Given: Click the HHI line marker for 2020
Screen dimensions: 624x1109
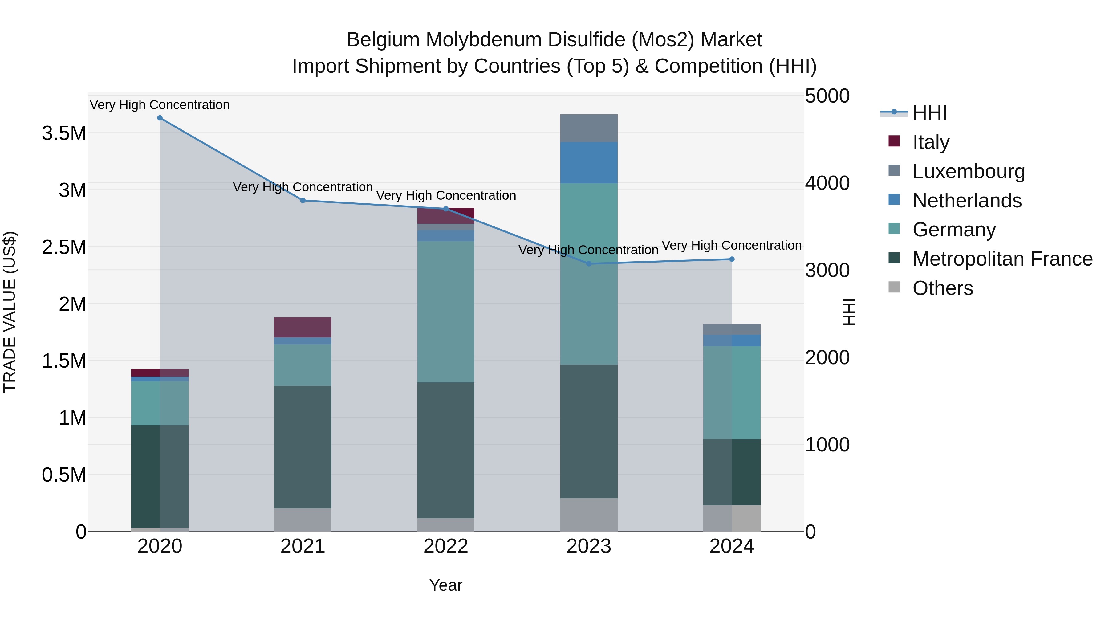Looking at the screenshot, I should [160, 118].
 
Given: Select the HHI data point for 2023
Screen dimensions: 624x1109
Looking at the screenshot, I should [589, 263].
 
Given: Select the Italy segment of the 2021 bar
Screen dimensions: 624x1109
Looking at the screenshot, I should [303, 327].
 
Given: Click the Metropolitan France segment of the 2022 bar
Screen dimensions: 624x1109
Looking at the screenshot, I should [445, 450].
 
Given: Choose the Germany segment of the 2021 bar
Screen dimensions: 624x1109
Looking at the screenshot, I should [303, 365].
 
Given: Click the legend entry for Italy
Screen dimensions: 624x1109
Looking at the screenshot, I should [930, 142].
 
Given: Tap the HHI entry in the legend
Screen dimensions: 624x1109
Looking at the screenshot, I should [929, 113].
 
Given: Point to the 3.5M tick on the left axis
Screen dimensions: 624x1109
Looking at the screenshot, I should [64, 133].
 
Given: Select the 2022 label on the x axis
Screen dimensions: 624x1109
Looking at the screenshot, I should [445, 546].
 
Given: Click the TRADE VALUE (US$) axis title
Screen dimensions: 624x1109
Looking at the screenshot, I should [10, 312].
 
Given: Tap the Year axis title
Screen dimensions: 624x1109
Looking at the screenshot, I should [445, 585].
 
